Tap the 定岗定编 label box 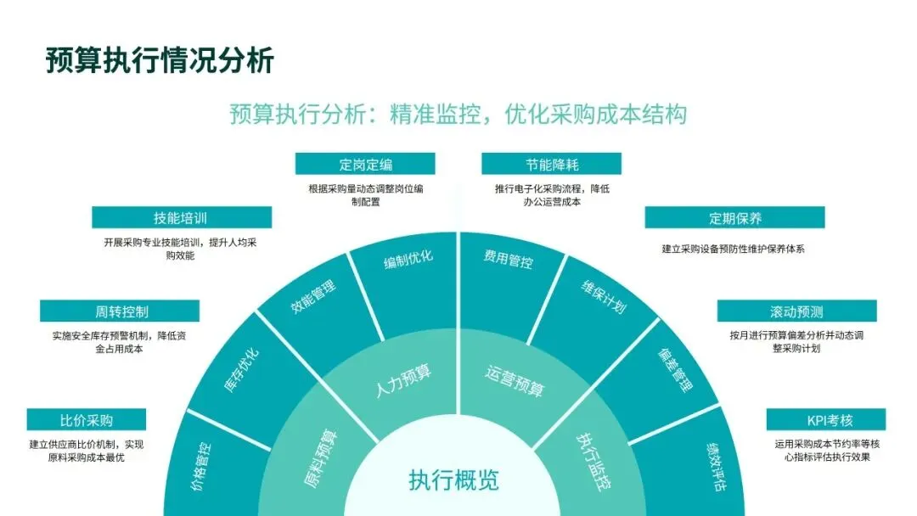pyautogui.click(x=365, y=164)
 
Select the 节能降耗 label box pyautogui.click(x=551, y=164)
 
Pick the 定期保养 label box pyautogui.click(x=735, y=217)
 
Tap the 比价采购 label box pyautogui.click(x=86, y=420)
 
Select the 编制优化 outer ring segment pyautogui.click(x=408, y=259)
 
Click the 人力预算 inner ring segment pyautogui.click(x=403, y=379)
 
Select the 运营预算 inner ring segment pyautogui.click(x=515, y=381)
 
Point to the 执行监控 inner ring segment pyautogui.click(x=595, y=454)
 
